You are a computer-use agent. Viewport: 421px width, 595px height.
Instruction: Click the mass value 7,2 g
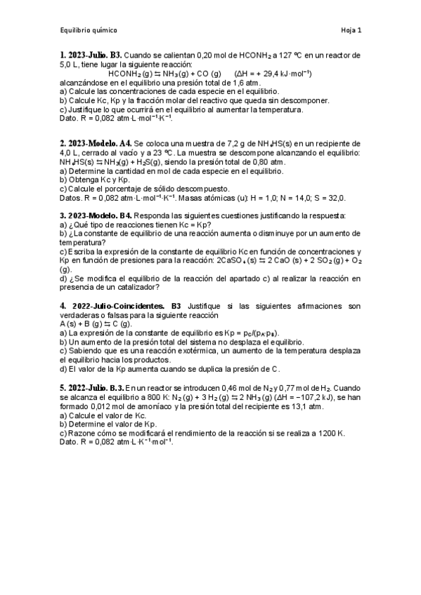[227, 142]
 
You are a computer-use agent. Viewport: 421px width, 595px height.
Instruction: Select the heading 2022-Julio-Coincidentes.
[115, 306]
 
